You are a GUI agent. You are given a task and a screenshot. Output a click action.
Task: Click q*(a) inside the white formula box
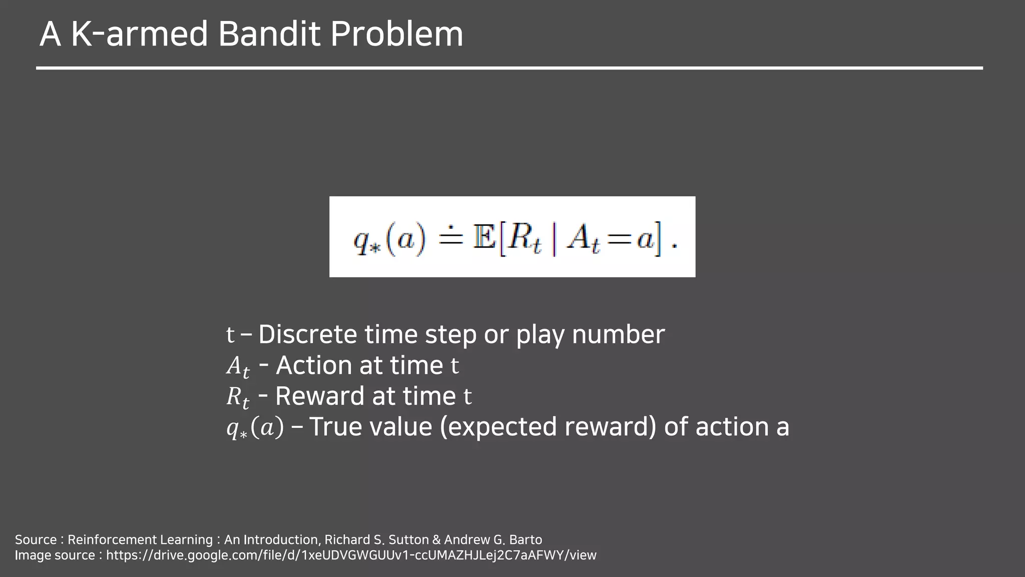(x=389, y=239)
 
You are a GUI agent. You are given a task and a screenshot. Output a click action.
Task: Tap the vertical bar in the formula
(x=554, y=238)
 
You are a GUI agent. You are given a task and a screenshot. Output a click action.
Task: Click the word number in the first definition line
(x=618, y=334)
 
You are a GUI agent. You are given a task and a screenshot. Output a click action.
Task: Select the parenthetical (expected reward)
(x=548, y=427)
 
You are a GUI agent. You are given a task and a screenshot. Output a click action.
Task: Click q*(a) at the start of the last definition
(x=255, y=428)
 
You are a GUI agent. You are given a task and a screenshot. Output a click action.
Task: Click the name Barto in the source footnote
(x=526, y=539)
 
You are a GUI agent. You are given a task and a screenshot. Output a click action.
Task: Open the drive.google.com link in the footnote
(x=351, y=555)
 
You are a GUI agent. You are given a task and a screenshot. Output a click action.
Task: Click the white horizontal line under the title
(x=509, y=68)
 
